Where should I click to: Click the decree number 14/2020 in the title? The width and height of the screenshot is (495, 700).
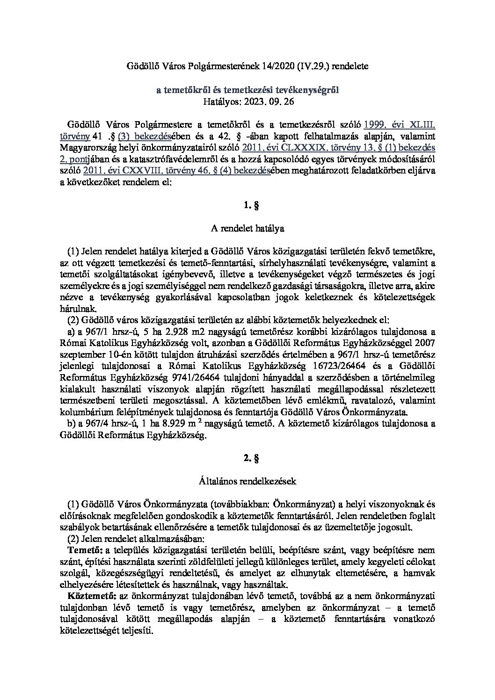coord(271,66)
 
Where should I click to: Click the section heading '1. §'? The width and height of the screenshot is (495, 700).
coord(247,205)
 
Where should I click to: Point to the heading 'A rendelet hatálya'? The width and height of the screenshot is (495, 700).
coord(247,229)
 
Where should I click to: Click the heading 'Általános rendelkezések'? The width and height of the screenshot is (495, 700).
coord(247,480)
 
